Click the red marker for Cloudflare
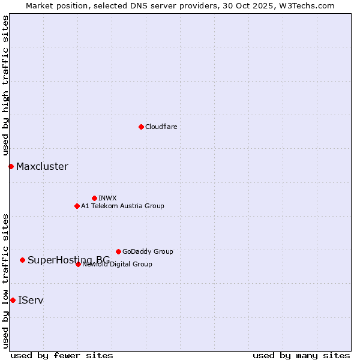point(141,127)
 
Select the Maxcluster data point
point(11,166)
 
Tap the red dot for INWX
point(94,198)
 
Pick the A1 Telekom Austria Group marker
point(77,206)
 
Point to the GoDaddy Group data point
point(118,251)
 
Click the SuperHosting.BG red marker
point(22,260)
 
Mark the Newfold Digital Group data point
point(78,264)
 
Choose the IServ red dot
point(13,300)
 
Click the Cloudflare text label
point(161,127)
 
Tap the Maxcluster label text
point(42,166)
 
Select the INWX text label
point(107,198)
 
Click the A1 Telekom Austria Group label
point(122,206)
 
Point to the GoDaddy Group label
point(148,251)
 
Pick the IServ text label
point(31,300)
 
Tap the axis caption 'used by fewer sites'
point(62,355)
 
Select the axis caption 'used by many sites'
point(301,355)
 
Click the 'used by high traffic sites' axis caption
point(5,86)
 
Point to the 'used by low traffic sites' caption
point(5,280)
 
